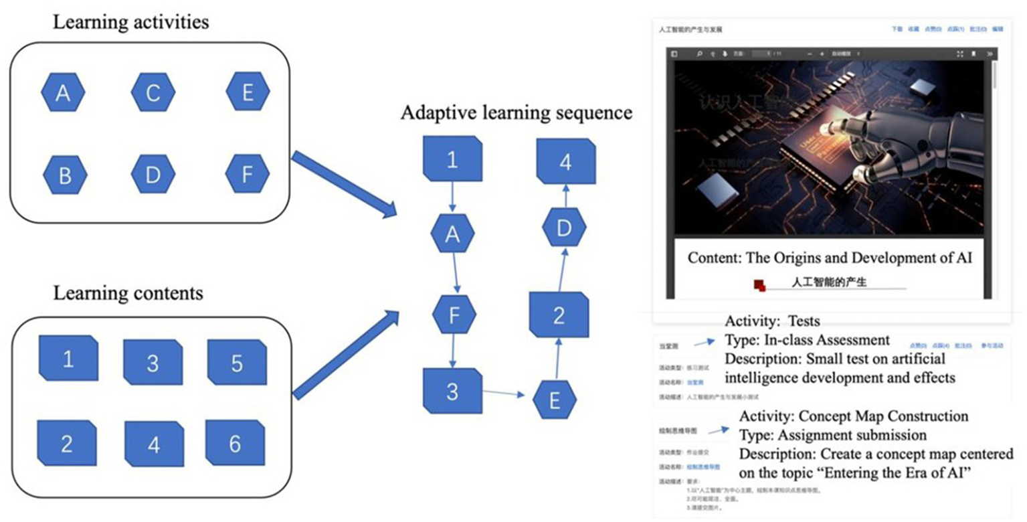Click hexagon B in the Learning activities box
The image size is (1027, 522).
click(65, 176)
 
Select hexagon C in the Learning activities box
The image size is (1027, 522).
click(153, 93)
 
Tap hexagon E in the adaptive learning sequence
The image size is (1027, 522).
click(555, 400)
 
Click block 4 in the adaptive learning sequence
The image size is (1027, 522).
click(567, 162)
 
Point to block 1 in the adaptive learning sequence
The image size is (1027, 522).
click(453, 159)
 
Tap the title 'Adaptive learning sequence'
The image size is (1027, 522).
click(516, 112)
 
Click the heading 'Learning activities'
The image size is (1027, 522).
click(131, 22)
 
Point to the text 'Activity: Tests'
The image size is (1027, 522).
click(772, 321)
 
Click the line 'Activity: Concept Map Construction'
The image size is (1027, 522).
click(853, 416)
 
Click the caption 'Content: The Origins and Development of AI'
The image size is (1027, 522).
click(830, 258)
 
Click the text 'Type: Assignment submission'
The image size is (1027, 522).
click(833, 435)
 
